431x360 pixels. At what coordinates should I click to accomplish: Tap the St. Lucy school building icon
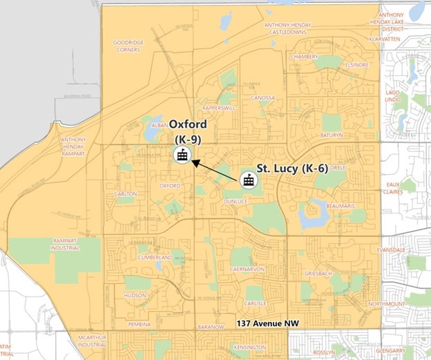(247, 180)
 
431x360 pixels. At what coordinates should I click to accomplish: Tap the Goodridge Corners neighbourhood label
(128, 46)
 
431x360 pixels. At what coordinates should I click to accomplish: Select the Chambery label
(305, 57)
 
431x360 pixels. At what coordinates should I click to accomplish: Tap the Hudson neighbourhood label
(135, 295)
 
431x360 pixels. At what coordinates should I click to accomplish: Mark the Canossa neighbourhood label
(263, 97)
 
